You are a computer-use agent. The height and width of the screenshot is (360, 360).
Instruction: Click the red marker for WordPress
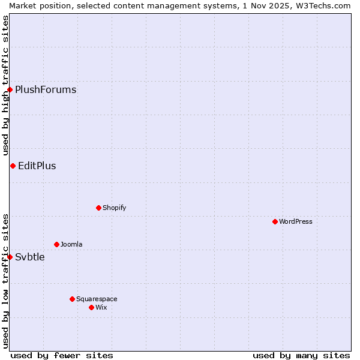point(275,221)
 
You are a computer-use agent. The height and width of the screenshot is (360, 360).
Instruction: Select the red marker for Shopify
point(98,208)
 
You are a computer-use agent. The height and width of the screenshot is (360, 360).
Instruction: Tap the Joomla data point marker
point(56,244)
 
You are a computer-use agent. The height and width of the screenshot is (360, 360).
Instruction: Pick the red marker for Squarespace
point(72,299)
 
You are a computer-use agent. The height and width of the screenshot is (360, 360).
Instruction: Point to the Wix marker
point(91,307)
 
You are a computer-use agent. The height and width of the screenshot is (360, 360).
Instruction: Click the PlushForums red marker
point(10,90)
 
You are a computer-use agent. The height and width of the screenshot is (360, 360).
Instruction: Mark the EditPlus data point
point(13,166)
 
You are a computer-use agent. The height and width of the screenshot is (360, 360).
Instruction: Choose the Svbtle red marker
point(10,257)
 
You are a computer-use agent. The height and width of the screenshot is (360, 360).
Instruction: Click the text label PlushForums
point(46,90)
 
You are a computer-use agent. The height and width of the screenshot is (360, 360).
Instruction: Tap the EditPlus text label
point(37,166)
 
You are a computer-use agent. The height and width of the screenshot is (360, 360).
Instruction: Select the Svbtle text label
point(30,257)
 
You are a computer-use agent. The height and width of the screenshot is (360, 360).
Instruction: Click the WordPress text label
point(296,221)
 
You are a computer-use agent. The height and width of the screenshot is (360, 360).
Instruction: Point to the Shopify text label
point(115,208)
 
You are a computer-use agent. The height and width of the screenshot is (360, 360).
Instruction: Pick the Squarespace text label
point(97,299)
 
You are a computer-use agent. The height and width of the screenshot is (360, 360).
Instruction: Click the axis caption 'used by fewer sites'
point(62,355)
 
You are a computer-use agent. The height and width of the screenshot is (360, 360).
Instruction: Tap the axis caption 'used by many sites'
point(301,355)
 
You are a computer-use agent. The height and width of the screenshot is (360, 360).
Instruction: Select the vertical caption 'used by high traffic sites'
point(5,85)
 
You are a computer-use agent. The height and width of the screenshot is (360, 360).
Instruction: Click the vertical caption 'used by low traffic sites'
point(5,281)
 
